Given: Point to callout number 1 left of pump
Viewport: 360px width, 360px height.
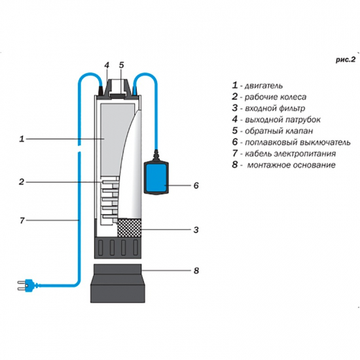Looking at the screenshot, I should [22, 139].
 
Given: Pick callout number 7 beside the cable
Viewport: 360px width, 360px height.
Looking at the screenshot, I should [22, 221].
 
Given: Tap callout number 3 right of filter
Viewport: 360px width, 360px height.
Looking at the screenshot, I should [196, 229].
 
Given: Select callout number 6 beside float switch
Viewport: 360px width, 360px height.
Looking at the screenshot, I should [196, 185].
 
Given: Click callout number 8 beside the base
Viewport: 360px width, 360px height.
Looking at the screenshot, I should [196, 270].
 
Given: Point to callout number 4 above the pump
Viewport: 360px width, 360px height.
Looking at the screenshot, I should [105, 65].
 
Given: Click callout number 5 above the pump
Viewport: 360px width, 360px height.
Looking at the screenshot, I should [121, 65].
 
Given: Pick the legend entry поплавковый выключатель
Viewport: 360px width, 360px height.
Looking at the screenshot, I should [291, 142].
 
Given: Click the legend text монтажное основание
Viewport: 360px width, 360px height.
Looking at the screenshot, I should [292, 165].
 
